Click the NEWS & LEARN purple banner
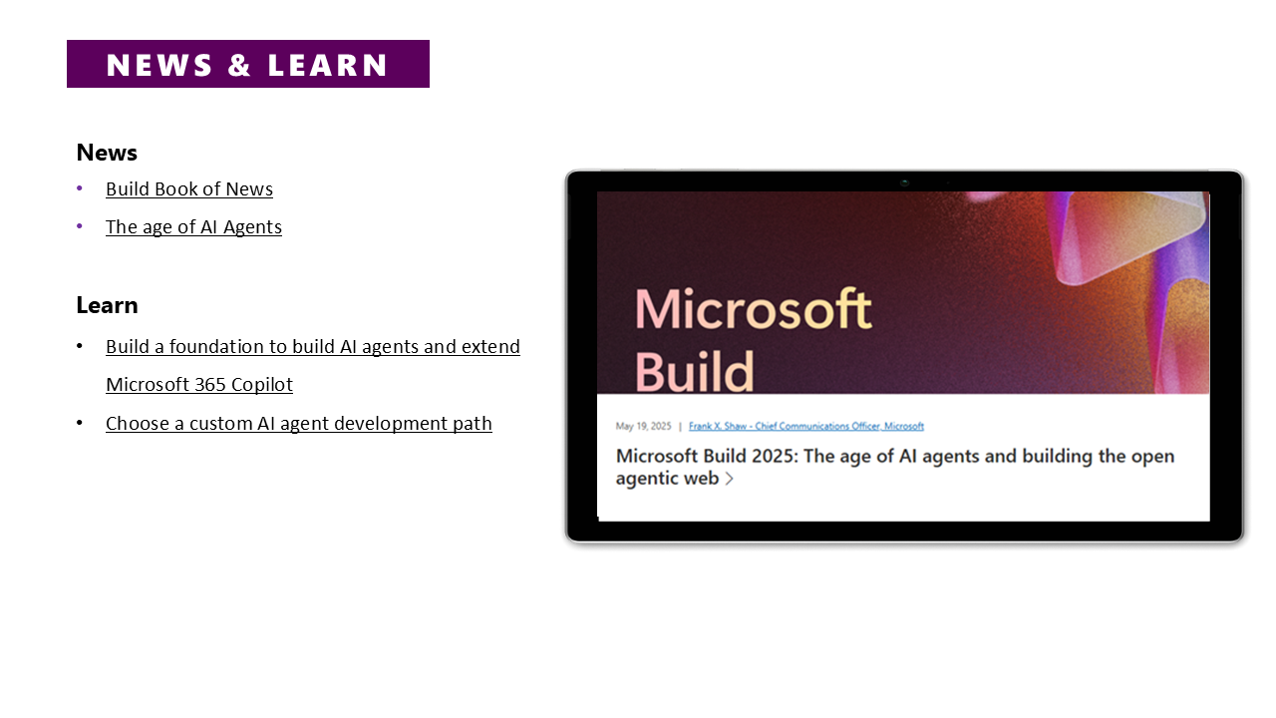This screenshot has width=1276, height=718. [248, 64]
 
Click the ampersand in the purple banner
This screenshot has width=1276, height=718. [239, 65]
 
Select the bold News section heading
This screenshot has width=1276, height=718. [107, 153]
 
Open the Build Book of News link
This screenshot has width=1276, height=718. [189, 189]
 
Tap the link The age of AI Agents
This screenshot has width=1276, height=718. [193, 227]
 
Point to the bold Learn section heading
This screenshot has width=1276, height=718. [107, 305]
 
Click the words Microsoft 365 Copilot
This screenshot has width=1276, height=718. [199, 385]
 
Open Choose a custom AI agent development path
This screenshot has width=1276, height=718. [299, 424]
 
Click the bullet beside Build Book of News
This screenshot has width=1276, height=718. [79, 188]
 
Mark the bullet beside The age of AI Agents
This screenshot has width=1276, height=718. [79, 226]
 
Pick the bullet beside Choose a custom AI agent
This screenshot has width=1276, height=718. [79, 423]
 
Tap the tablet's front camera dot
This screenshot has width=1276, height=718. [904, 182]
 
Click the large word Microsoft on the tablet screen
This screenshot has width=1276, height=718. [753, 309]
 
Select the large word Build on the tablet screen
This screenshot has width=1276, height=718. [695, 372]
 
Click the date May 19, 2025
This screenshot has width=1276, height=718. [644, 426]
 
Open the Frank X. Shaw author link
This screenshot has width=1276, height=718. [806, 426]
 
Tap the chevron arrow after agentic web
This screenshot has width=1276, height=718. [729, 479]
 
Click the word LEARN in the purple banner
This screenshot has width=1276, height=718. [328, 65]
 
